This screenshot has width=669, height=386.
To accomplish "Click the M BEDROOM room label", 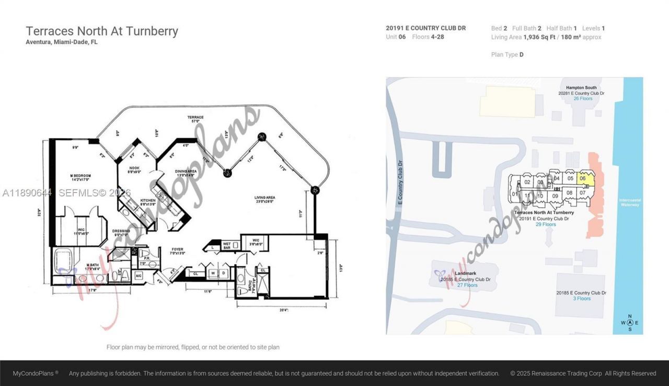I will click(x=82, y=175).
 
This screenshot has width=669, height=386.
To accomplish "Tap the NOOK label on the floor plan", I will click(x=134, y=168).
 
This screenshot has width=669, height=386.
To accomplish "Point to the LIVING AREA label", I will click(x=265, y=198).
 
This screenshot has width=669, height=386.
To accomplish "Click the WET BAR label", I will click(x=226, y=245).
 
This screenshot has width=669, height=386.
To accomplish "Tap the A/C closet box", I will click(x=139, y=275).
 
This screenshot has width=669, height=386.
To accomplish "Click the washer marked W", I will click(x=213, y=273).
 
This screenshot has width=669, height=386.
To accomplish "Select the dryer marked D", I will click(x=223, y=273).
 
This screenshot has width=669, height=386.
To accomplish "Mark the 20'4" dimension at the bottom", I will click(x=284, y=310).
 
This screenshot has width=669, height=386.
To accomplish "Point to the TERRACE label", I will click(x=195, y=117).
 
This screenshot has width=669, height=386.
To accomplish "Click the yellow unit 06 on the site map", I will click(x=583, y=178).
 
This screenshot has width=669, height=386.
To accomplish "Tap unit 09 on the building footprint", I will click(x=555, y=196).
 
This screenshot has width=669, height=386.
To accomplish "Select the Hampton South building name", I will click(x=581, y=87).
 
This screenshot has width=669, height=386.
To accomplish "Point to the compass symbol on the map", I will click(x=630, y=322).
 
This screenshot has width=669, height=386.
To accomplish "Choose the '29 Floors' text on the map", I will click(x=544, y=224).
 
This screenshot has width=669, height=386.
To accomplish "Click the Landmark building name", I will click(x=465, y=273).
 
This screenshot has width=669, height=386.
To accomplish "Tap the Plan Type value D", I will click(x=521, y=54).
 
